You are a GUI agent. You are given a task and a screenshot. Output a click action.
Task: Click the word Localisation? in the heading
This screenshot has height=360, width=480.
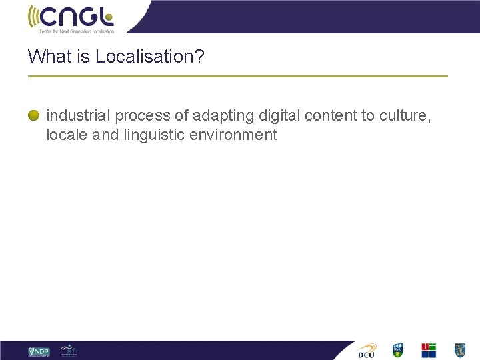[x=150, y=57]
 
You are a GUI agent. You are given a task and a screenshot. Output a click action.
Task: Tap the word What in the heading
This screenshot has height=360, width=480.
[x=49, y=57]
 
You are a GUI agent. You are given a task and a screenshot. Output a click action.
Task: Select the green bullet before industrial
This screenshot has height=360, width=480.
[x=33, y=115]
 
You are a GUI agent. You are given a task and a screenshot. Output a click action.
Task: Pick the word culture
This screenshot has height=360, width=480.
[x=405, y=115]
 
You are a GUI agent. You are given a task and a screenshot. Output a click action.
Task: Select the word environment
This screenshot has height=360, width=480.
[x=233, y=135]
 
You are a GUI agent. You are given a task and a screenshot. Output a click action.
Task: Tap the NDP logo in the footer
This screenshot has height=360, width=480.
[x=39, y=351]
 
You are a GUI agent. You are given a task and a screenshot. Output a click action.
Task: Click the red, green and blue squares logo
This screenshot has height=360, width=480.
[x=429, y=350]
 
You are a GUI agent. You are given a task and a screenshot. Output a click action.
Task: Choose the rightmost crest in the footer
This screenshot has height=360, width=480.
[x=459, y=350]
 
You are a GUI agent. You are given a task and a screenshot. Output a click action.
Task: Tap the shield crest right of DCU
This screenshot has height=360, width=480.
[x=398, y=350]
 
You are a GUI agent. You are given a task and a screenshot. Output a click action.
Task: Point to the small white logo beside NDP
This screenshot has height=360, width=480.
[x=69, y=350]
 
